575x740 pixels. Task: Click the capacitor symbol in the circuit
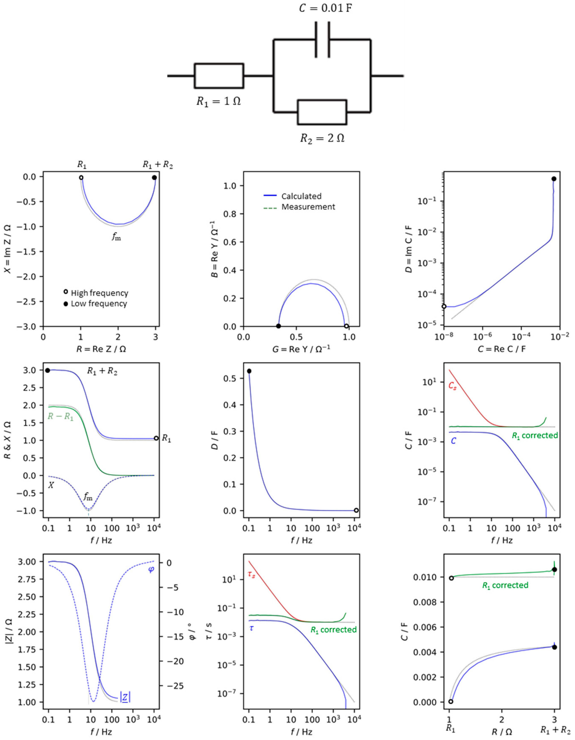pos(322,40)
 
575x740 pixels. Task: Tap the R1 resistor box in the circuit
pos(219,76)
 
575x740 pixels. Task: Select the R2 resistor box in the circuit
pos(322,112)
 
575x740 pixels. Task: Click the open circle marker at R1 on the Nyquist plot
pos(81,177)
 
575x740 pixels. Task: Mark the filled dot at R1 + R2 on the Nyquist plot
pos(154,177)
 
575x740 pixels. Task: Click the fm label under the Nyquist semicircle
pos(116,237)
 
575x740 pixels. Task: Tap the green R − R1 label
pos(60,416)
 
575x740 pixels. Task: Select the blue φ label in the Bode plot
pos(151,569)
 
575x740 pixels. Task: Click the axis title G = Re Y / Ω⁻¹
pos(301,349)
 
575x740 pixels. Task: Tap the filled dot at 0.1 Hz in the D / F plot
pos(249,371)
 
